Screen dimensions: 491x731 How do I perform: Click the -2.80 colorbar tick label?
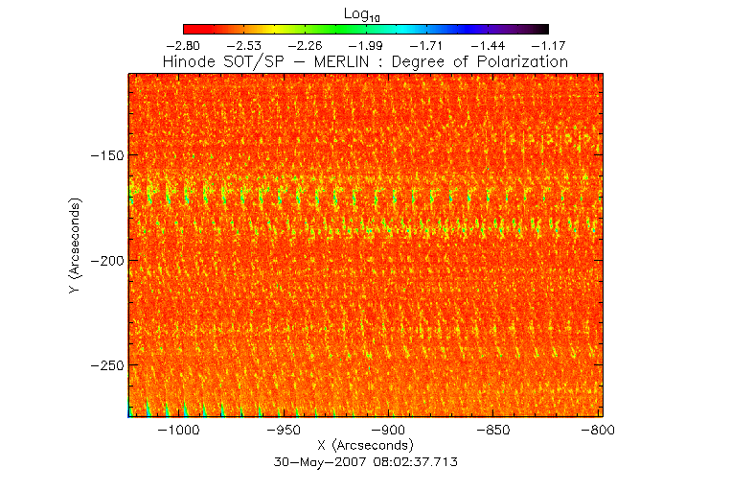[x=184, y=45]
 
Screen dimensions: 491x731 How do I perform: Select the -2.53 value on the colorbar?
[x=244, y=45]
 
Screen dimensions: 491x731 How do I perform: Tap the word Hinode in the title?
[x=191, y=61]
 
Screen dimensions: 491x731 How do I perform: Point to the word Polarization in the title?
[x=522, y=61]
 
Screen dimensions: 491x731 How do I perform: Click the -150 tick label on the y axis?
[x=104, y=155]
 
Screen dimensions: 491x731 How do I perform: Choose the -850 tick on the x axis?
[x=494, y=432]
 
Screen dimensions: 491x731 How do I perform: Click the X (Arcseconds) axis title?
[x=365, y=446]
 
